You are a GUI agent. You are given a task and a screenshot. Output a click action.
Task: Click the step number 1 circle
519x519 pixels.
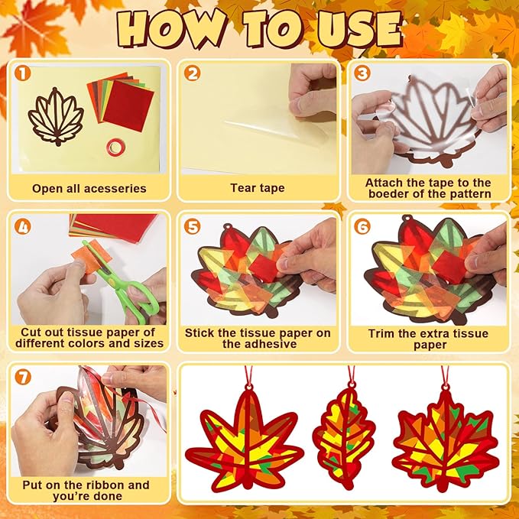click(22, 73)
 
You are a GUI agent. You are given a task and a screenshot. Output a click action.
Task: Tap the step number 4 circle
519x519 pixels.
click(22, 227)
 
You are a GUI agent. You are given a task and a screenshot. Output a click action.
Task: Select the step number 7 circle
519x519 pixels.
click(23, 377)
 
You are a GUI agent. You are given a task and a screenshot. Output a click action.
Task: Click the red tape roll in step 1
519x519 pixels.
click(116, 148)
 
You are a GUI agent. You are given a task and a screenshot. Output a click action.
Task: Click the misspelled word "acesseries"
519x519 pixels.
click(115, 189)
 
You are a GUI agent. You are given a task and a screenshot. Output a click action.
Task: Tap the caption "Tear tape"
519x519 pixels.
click(258, 188)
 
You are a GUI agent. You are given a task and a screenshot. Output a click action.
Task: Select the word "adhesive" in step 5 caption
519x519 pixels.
click(260, 344)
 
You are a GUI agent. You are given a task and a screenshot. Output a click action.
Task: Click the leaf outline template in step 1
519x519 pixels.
click(57, 117)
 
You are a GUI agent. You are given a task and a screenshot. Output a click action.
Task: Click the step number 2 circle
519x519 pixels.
click(193, 73)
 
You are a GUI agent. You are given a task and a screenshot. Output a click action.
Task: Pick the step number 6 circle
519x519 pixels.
click(362, 227)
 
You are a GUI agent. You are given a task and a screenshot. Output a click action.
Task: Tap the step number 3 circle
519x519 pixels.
click(362, 73)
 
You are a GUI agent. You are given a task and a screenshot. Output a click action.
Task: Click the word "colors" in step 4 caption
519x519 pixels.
click(86, 343)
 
